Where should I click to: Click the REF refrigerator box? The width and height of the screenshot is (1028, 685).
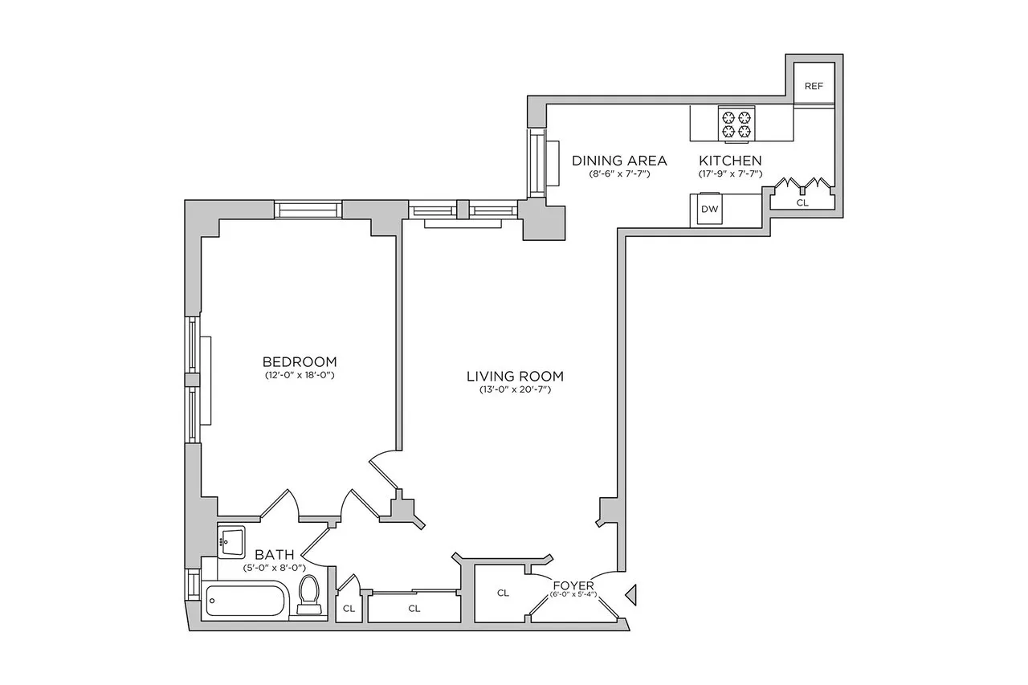click(x=814, y=86)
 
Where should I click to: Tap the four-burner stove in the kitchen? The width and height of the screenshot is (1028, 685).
click(x=736, y=123)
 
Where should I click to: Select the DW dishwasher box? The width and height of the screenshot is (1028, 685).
click(x=709, y=210)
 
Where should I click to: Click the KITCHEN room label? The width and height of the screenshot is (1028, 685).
click(x=729, y=161)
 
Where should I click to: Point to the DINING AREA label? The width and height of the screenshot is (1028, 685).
click(x=618, y=161)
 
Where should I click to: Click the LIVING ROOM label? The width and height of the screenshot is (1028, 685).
click(x=515, y=376)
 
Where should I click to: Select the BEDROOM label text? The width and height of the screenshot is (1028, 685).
click(x=300, y=361)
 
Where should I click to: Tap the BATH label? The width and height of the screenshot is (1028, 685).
click(x=274, y=554)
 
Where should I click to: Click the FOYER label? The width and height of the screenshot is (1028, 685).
click(x=573, y=585)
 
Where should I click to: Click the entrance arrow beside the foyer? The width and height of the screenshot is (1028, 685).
click(x=631, y=595)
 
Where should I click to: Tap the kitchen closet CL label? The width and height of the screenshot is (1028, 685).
click(x=802, y=203)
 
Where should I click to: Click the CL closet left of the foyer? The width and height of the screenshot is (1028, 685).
click(x=503, y=593)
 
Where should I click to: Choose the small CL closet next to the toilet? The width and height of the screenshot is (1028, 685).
click(x=349, y=609)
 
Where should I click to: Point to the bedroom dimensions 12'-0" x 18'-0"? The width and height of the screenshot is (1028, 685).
click(x=300, y=375)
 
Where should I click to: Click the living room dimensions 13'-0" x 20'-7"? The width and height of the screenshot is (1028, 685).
click(x=515, y=390)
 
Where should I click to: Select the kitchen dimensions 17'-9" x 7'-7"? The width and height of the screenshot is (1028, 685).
click(x=729, y=173)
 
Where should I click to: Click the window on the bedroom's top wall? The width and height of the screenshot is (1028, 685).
click(x=308, y=209)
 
